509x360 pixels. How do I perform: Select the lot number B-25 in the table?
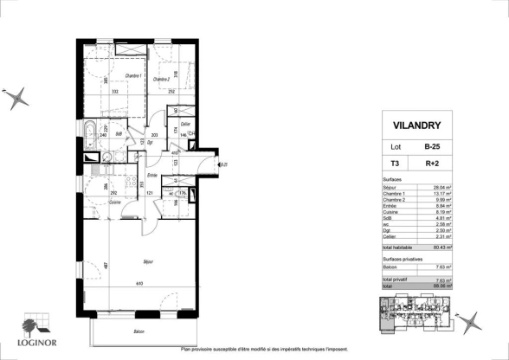click(x=442, y=146)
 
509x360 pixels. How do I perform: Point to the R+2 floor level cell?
click(x=442, y=163)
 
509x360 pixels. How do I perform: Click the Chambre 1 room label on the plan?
click(x=108, y=76)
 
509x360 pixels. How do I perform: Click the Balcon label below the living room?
click(x=139, y=331)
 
